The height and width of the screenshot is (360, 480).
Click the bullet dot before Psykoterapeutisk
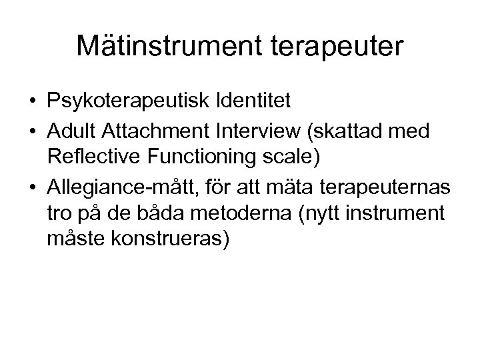click(x=32, y=101)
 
